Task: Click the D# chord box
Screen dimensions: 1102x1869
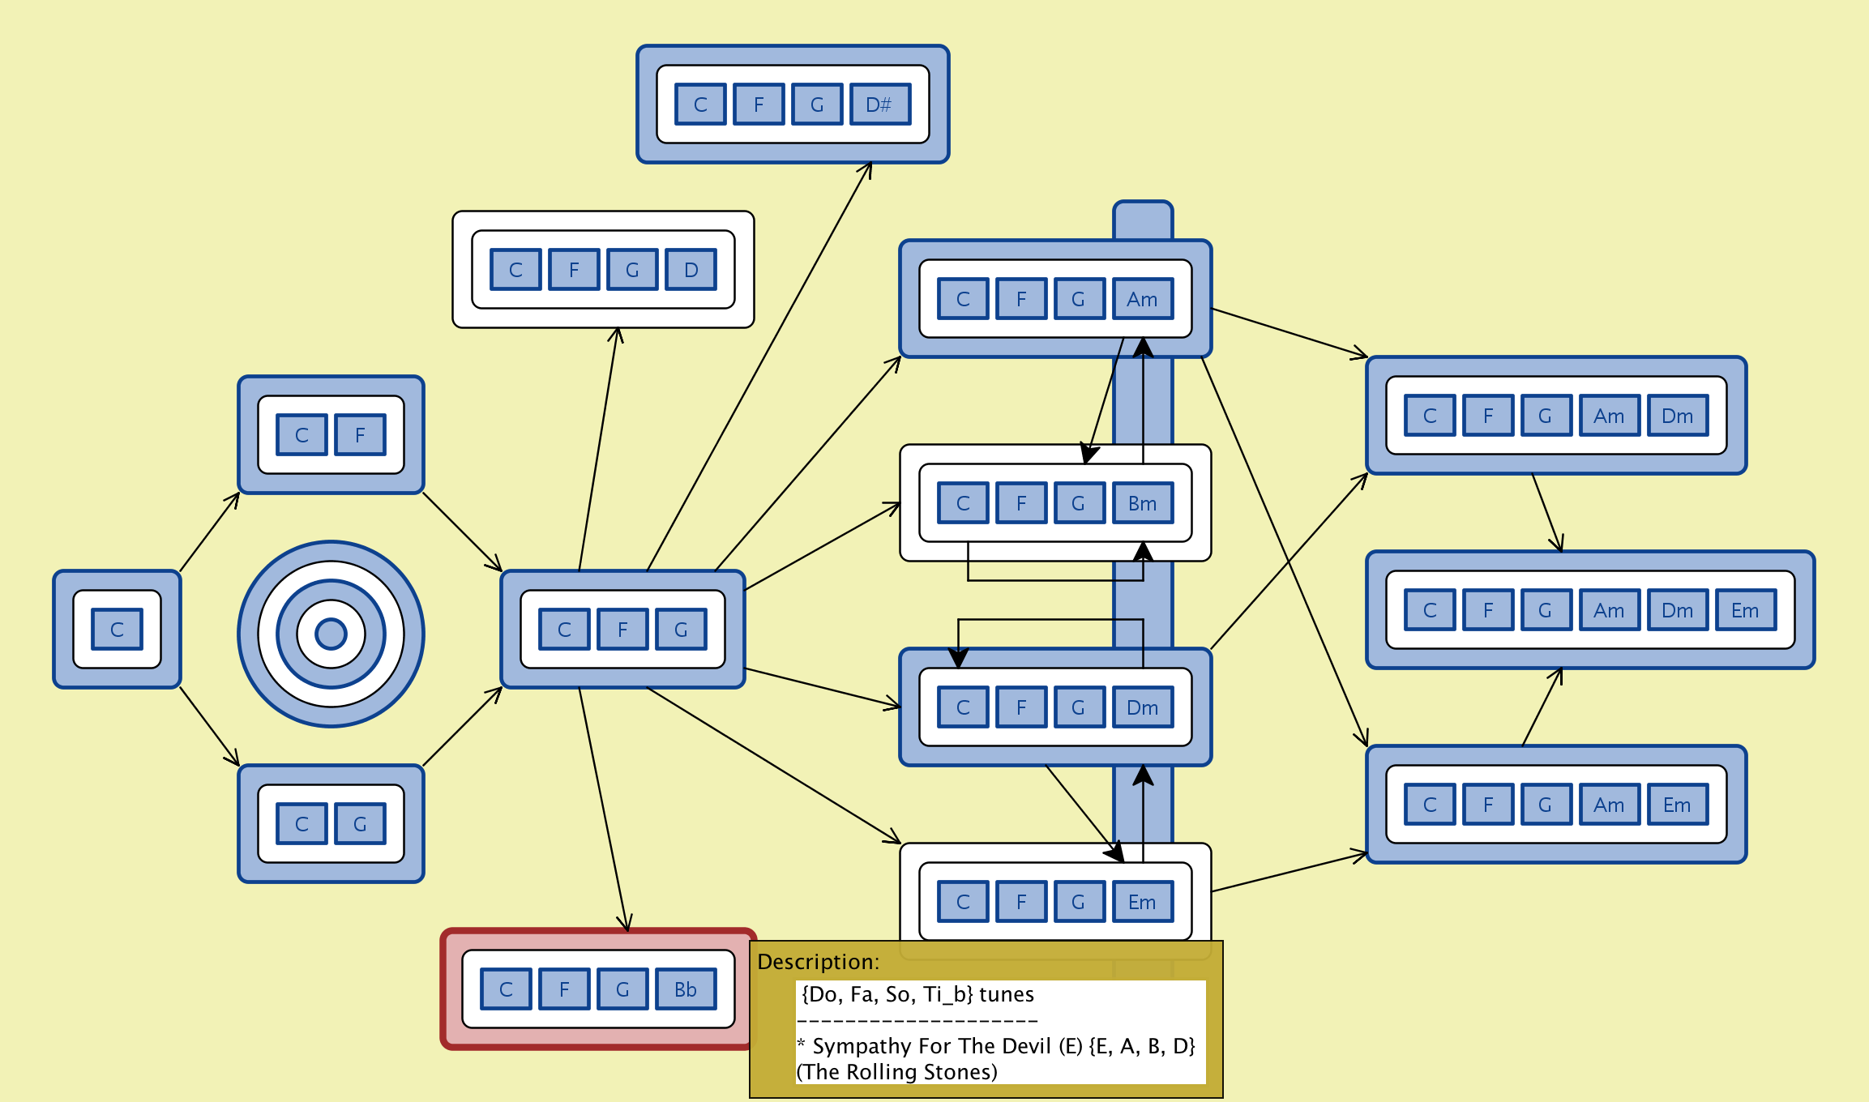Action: coord(879,105)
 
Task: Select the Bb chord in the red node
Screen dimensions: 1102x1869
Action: coord(686,989)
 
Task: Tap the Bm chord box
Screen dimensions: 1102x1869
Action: coord(1142,503)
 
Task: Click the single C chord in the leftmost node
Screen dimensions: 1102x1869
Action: coord(117,630)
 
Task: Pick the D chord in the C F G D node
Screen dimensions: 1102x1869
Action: coord(691,270)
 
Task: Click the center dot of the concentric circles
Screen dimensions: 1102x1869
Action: coord(331,634)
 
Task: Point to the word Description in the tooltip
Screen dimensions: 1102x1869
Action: coord(817,962)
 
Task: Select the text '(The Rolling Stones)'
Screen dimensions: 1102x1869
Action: coord(897,1072)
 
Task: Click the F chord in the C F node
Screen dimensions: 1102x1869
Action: coord(360,435)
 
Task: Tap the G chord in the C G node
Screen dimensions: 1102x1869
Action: coord(360,824)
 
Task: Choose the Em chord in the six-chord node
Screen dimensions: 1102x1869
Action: coord(1745,610)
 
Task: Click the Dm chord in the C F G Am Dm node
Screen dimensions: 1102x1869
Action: coord(1677,416)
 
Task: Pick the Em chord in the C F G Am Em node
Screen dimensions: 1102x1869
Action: coord(1677,805)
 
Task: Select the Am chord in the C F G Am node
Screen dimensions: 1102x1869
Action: coord(1142,299)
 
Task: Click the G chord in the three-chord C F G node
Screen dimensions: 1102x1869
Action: coord(681,630)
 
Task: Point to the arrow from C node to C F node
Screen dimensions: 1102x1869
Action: coord(209,532)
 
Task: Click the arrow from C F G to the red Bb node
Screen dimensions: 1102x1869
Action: coord(604,810)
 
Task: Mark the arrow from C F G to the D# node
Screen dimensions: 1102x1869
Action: coord(759,366)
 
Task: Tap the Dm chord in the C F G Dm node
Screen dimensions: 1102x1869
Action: coord(1142,707)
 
